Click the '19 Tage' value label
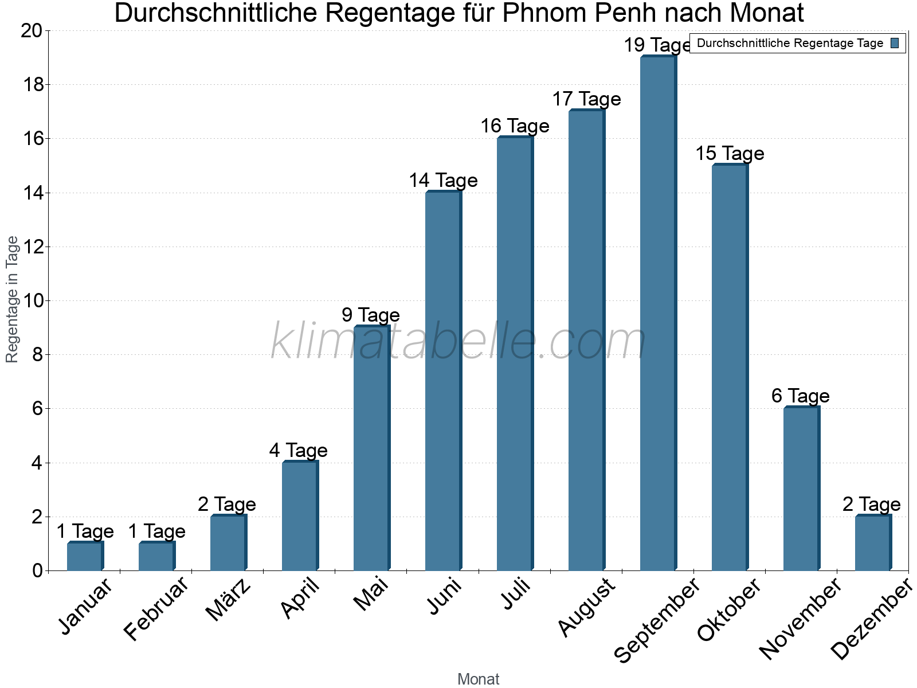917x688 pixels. click(657, 45)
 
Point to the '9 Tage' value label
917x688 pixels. click(371, 315)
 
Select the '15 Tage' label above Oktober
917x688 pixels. click(730, 153)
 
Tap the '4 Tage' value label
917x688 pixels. click(299, 450)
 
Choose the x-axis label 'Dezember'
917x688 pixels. click(871, 619)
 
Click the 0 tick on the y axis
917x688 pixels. click(38, 570)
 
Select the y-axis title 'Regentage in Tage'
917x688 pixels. click(12, 299)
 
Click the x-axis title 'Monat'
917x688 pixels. click(479, 679)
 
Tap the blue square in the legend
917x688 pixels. click(895, 43)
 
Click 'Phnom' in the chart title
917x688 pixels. click(548, 13)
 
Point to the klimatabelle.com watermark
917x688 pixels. click(458, 342)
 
